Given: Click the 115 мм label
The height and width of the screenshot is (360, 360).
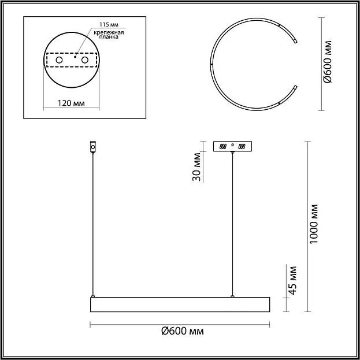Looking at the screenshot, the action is pyautogui.click(x=109, y=25).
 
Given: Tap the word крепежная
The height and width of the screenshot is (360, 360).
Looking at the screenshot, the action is pyautogui.click(x=109, y=32).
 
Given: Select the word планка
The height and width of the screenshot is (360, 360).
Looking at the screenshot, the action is pyautogui.click(x=109, y=37).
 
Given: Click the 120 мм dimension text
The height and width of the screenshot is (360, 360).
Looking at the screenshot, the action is pyautogui.click(x=71, y=103).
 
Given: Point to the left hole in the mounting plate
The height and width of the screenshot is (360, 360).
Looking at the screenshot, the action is pyautogui.click(x=60, y=60).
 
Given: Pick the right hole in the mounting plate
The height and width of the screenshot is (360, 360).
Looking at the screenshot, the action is pyautogui.click(x=85, y=60).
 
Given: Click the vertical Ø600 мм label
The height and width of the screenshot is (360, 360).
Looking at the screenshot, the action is pyautogui.click(x=328, y=62).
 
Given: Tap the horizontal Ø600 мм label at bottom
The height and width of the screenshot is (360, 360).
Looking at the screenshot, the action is pyautogui.click(x=183, y=331).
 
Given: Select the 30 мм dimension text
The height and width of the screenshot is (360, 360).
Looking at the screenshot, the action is pyautogui.click(x=196, y=166).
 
